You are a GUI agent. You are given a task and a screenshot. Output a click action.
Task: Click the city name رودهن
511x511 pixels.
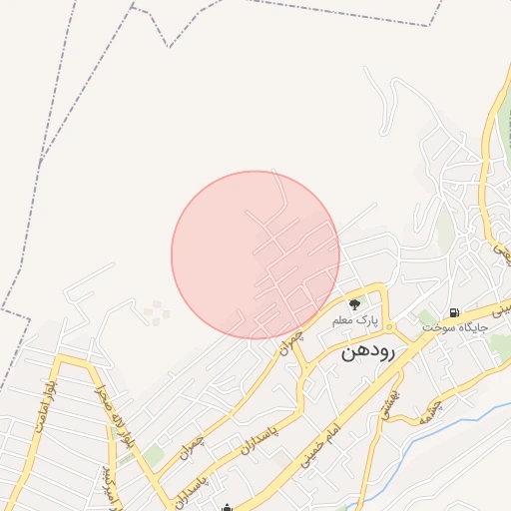tap(368, 351)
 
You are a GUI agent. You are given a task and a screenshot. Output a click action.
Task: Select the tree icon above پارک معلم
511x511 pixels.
tap(353, 304)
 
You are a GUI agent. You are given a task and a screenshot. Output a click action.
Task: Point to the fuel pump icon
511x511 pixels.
tap(454, 311)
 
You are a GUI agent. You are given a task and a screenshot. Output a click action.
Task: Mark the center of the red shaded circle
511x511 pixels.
tap(255, 255)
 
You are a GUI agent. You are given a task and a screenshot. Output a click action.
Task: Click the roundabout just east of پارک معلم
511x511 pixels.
tap(390, 327)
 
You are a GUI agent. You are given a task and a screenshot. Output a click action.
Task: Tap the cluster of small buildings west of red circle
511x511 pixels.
tap(156, 313)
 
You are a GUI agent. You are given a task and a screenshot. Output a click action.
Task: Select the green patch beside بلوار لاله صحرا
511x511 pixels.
tap(152, 456)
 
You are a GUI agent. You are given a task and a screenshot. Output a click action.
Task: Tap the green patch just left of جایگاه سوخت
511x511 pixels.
tap(426, 317)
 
